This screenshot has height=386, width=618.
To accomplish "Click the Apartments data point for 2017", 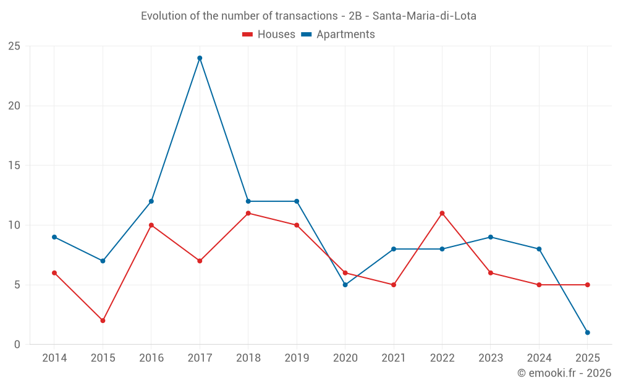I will point(200,58).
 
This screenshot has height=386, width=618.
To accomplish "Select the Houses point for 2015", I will point(103,321).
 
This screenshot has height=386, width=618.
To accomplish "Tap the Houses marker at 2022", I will point(442,213).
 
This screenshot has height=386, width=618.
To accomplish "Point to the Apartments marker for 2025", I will point(587,332).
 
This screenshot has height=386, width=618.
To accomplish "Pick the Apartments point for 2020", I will point(345,285).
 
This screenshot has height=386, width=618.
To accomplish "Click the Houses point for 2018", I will point(248,213).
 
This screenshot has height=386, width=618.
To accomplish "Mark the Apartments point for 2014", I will point(54,237).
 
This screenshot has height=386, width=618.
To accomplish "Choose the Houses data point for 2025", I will point(587,285).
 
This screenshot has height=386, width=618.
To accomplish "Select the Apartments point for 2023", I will point(490,237).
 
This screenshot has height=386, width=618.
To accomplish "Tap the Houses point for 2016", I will point(151,225).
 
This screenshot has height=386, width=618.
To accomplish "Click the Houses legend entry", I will point(269,35).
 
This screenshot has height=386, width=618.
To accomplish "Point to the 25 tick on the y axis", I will point(14,46).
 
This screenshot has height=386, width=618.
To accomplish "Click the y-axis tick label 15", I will point(14,166).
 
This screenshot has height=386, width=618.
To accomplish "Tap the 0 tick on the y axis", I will point(17,345).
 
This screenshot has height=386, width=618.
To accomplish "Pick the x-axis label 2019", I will point(297,358).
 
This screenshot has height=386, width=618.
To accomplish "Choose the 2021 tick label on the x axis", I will point(394,358).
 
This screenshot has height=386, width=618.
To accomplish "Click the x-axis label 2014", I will point(54,358).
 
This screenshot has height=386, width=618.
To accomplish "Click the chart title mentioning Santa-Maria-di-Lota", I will point(308,16).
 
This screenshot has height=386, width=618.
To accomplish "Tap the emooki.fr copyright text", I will point(564,373).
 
